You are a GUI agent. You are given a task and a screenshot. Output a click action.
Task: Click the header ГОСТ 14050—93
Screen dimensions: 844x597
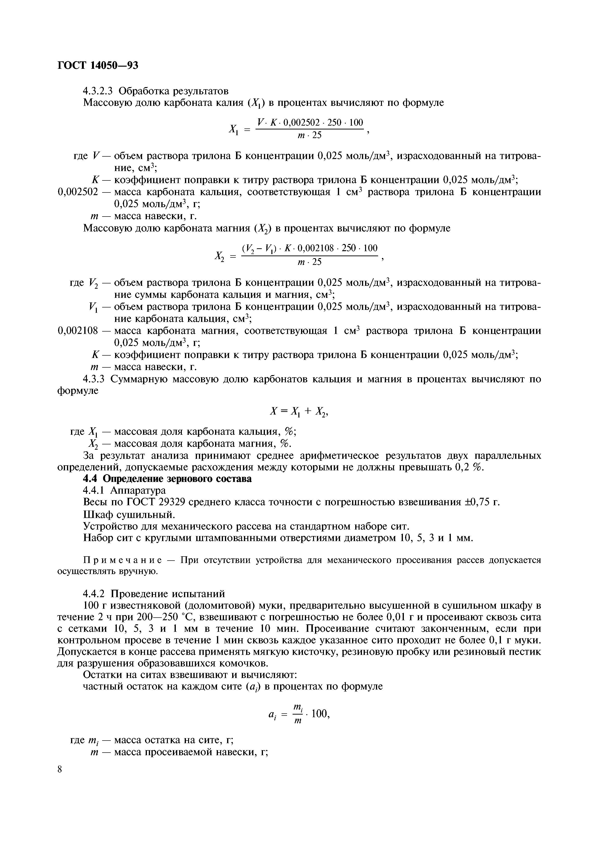coord(98,65)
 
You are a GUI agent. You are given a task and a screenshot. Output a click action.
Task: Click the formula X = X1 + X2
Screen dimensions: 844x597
coord(299,412)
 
